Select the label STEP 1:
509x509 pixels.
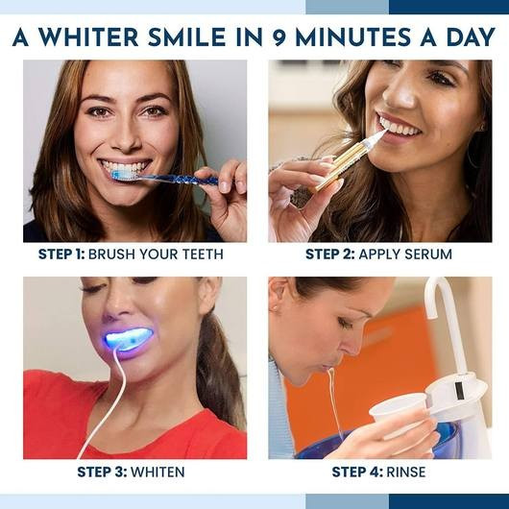[x=61, y=254]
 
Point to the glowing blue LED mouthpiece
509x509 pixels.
[x=130, y=338]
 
